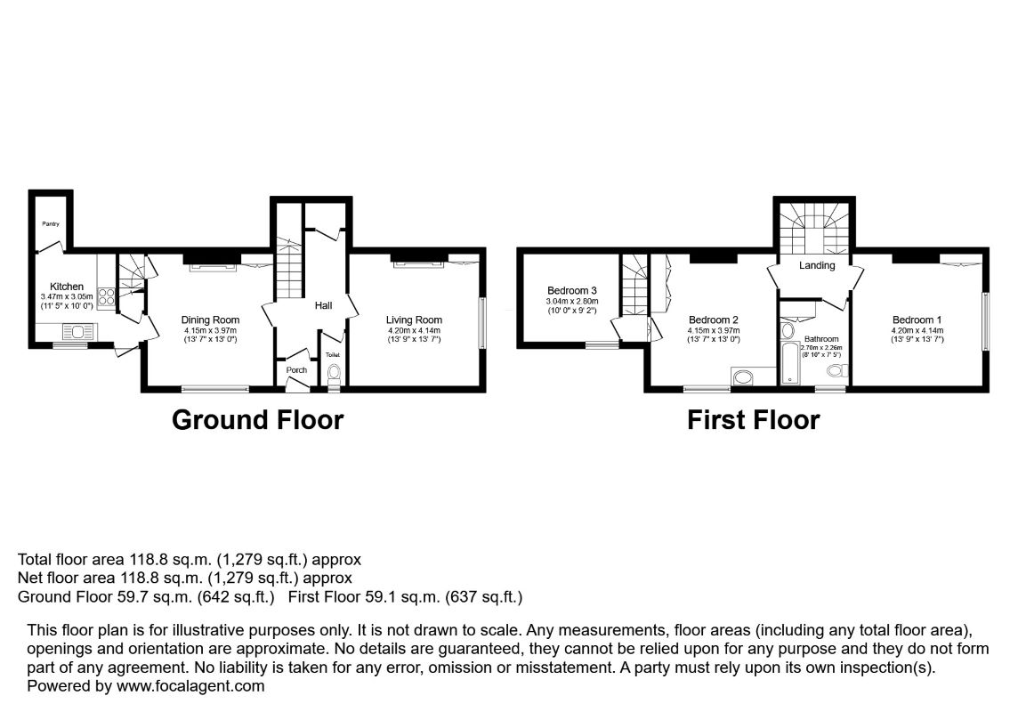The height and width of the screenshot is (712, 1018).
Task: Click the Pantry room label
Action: click(x=51, y=224)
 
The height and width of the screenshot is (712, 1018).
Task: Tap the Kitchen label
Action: click(x=67, y=287)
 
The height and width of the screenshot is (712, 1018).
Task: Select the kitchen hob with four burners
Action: click(x=107, y=296)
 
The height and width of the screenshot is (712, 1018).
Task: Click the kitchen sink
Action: click(x=78, y=332)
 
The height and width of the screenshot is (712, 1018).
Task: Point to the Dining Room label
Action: click(x=210, y=320)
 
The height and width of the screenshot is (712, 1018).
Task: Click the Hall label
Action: click(x=323, y=305)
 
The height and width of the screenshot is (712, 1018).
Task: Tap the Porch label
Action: click(x=296, y=370)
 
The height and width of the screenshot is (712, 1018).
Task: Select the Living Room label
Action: click(x=414, y=320)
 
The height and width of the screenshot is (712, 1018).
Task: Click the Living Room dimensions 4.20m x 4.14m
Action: click(x=414, y=330)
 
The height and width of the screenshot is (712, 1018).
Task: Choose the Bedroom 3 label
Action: click(x=572, y=291)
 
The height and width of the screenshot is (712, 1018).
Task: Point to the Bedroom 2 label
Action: click(x=714, y=320)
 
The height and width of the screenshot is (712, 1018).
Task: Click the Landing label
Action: click(x=817, y=265)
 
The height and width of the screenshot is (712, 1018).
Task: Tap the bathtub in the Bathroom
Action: click(x=789, y=362)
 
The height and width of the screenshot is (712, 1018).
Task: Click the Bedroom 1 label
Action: click(x=917, y=320)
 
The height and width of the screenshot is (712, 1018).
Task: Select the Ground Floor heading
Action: click(x=257, y=420)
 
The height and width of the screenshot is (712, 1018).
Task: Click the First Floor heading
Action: click(x=753, y=420)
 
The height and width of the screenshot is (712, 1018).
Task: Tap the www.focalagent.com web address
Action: click(x=190, y=686)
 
